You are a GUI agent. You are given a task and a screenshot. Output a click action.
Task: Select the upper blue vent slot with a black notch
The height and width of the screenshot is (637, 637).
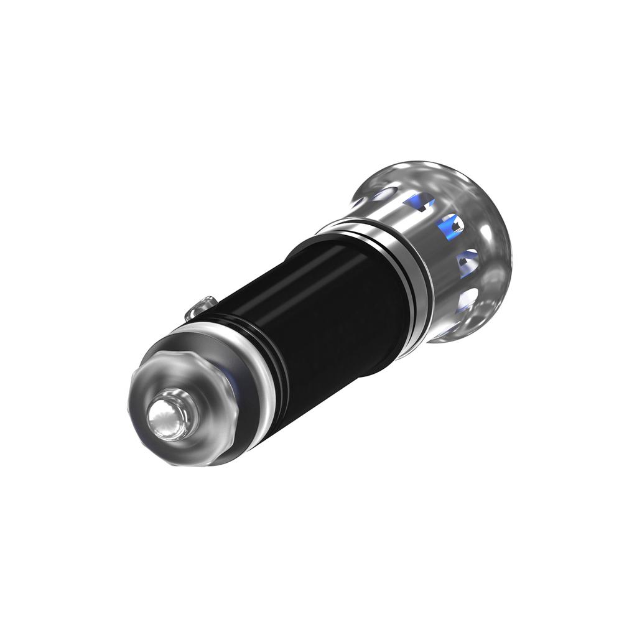[421, 200]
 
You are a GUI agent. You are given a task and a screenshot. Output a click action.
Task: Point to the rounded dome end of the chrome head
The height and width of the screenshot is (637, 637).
[491, 249]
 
